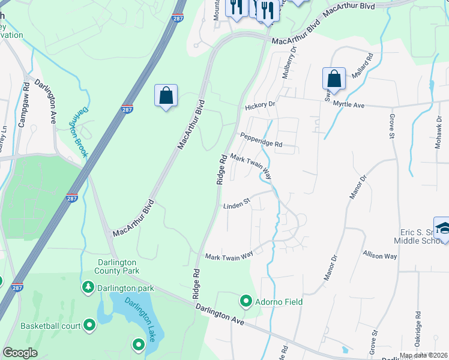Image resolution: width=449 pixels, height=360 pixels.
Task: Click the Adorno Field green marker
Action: pos(246,301)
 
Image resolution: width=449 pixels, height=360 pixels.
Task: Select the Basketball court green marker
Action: pos(90,326)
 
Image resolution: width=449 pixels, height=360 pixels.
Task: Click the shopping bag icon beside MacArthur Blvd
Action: pos(166,95)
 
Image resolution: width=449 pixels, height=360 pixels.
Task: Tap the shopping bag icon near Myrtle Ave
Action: pos(334,79)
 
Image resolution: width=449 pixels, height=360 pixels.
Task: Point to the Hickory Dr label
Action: pos(259,105)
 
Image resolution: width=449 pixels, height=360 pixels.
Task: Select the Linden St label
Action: pos(236,205)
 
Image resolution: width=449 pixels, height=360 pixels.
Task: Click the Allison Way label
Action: pos(380,255)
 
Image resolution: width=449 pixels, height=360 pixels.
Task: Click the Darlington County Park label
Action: pos(118,266)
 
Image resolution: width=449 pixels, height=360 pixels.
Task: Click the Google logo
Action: pos(20,353)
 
